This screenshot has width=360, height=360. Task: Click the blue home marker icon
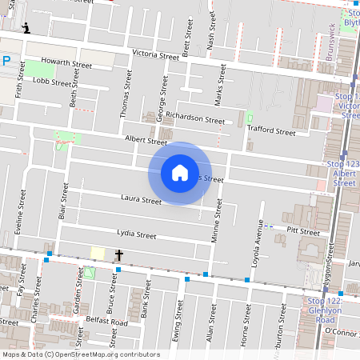tap(180, 172)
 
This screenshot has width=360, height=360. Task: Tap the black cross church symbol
tap(119, 255)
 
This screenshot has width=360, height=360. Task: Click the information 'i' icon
tap(27, 28)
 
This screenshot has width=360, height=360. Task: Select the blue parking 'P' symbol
tap(6, 60)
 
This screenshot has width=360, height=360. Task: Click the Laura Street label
tap(141, 198)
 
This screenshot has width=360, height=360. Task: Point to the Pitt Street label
tap(302, 232)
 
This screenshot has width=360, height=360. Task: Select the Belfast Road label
tap(106, 322)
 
